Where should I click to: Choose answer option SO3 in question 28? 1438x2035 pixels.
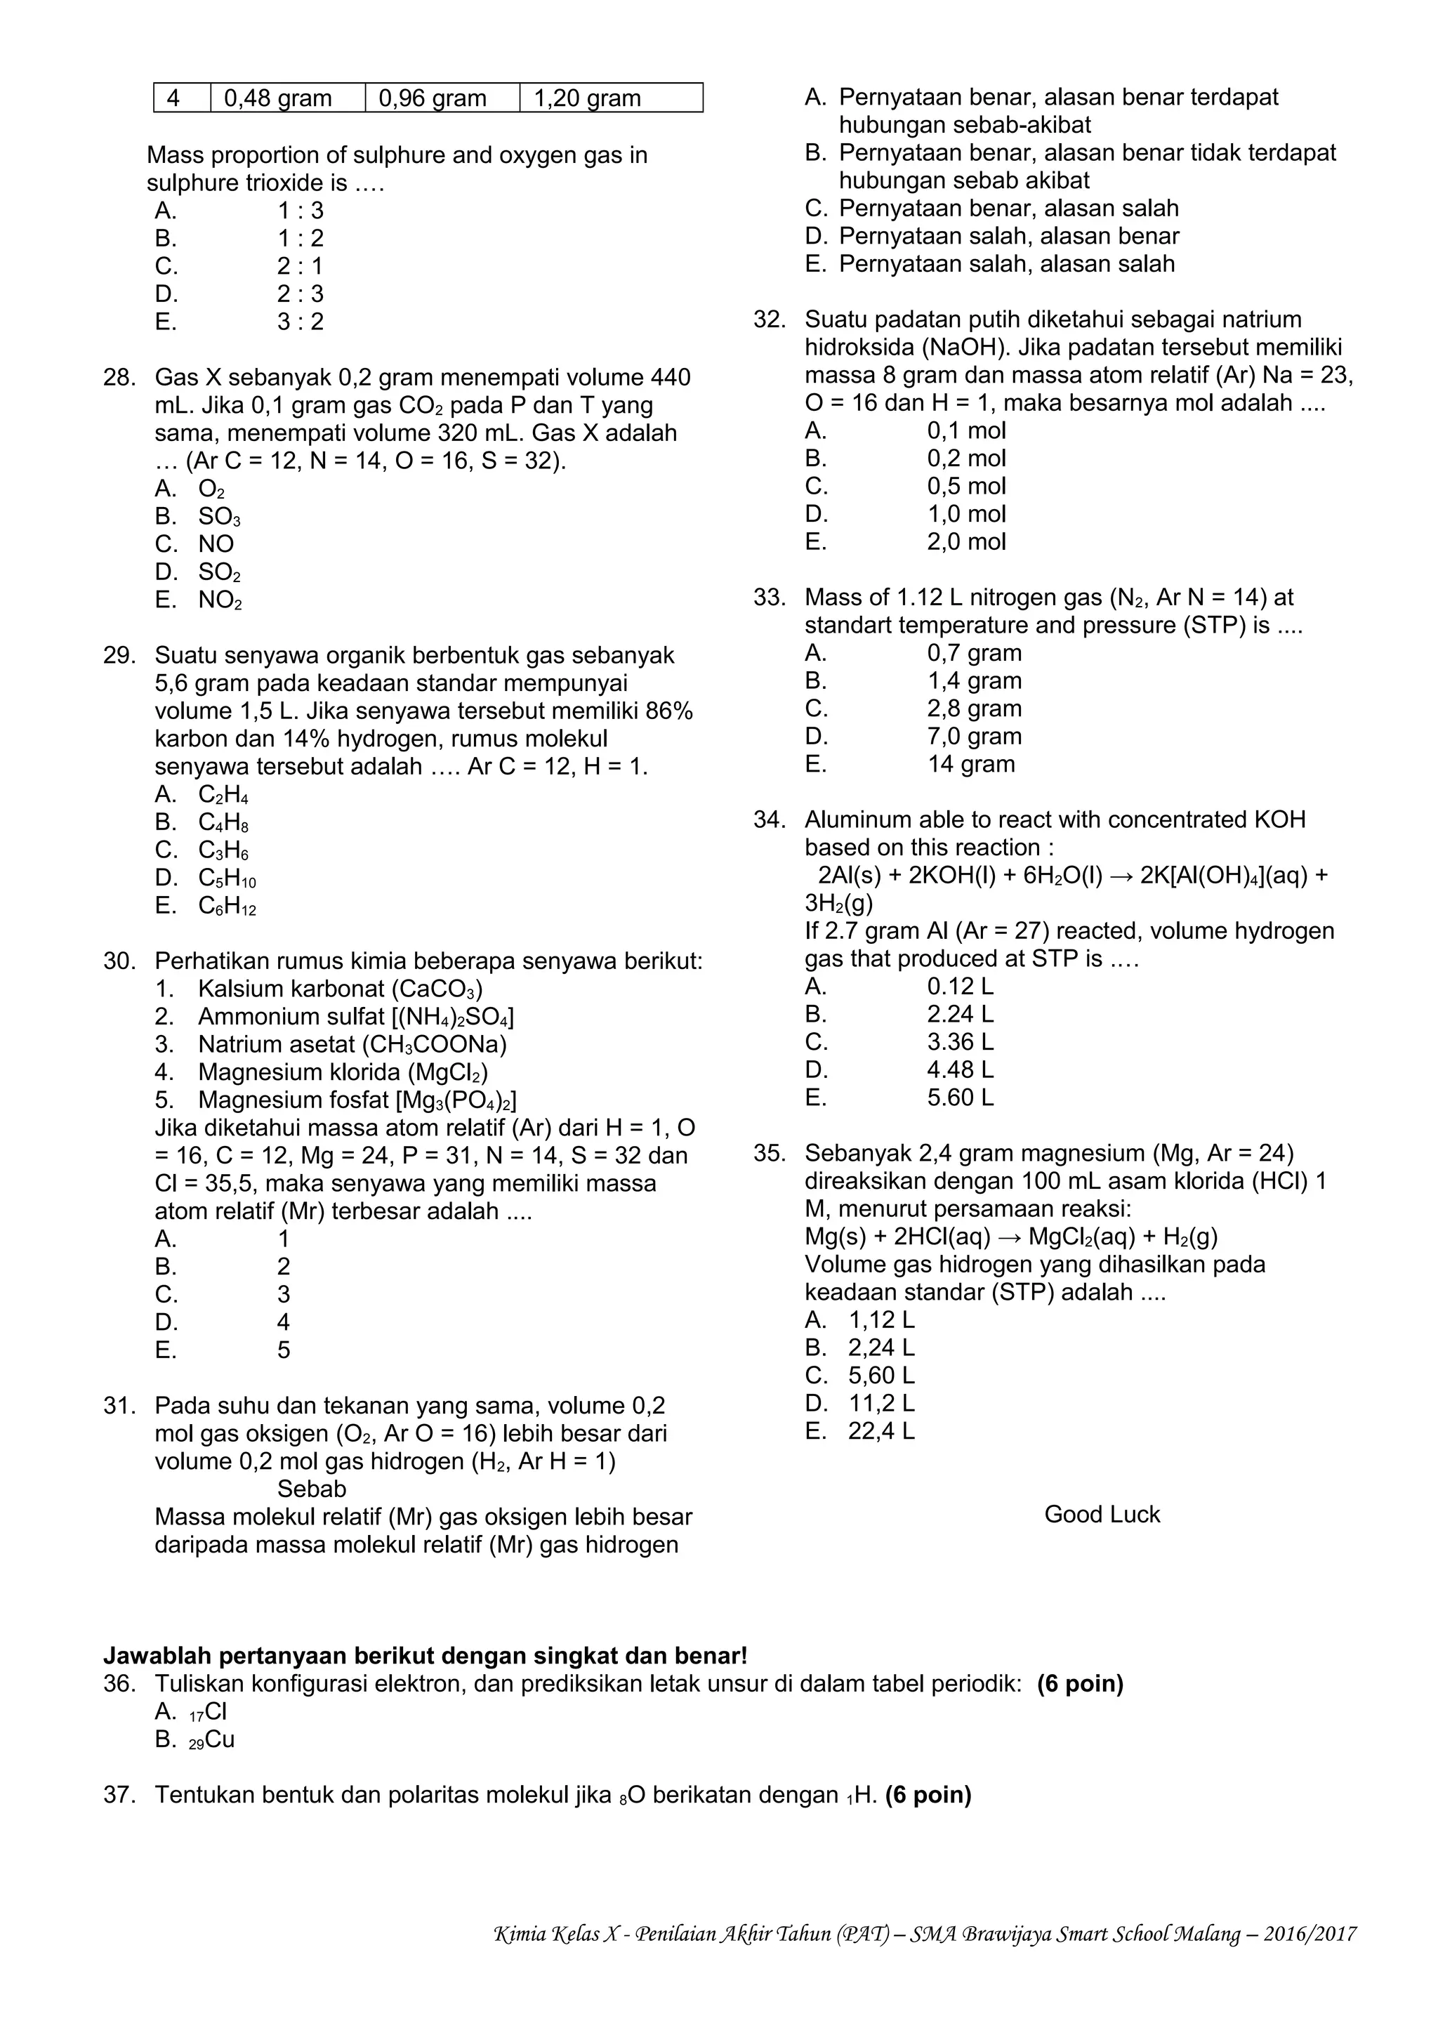pyautogui.click(x=219, y=517)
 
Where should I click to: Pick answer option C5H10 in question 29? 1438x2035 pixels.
pyautogui.click(x=227, y=878)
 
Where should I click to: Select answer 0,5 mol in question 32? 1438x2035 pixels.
pyautogui.click(x=965, y=486)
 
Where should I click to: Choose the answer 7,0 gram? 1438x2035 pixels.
pyautogui.click(x=974, y=737)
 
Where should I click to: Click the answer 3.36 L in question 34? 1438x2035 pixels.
pyautogui.click(x=960, y=1041)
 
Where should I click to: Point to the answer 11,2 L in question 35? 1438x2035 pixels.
pyautogui.click(x=882, y=1403)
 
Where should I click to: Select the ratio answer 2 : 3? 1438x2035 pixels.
pyautogui.click(x=301, y=294)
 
